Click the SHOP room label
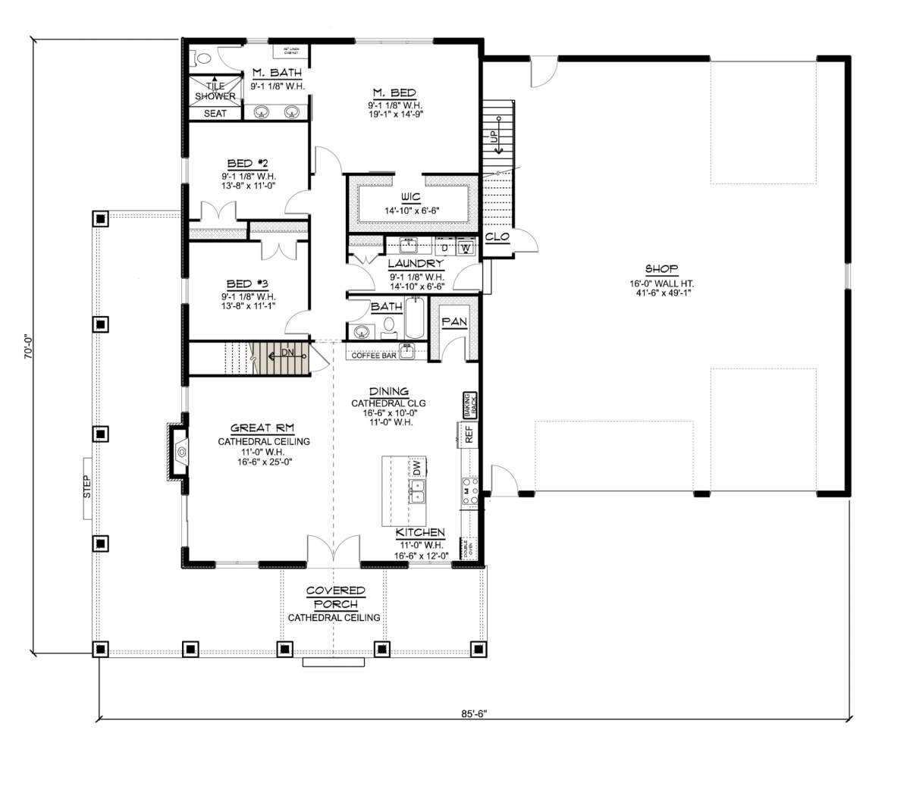click(661, 269)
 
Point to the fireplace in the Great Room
click(180, 453)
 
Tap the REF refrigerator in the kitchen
click(469, 434)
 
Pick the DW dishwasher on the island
click(416, 467)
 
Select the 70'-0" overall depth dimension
click(30, 346)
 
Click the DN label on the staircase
click(288, 353)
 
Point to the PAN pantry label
click(453, 322)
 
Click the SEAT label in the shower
click(215, 114)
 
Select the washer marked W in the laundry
click(466, 248)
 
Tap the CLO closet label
click(497, 237)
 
